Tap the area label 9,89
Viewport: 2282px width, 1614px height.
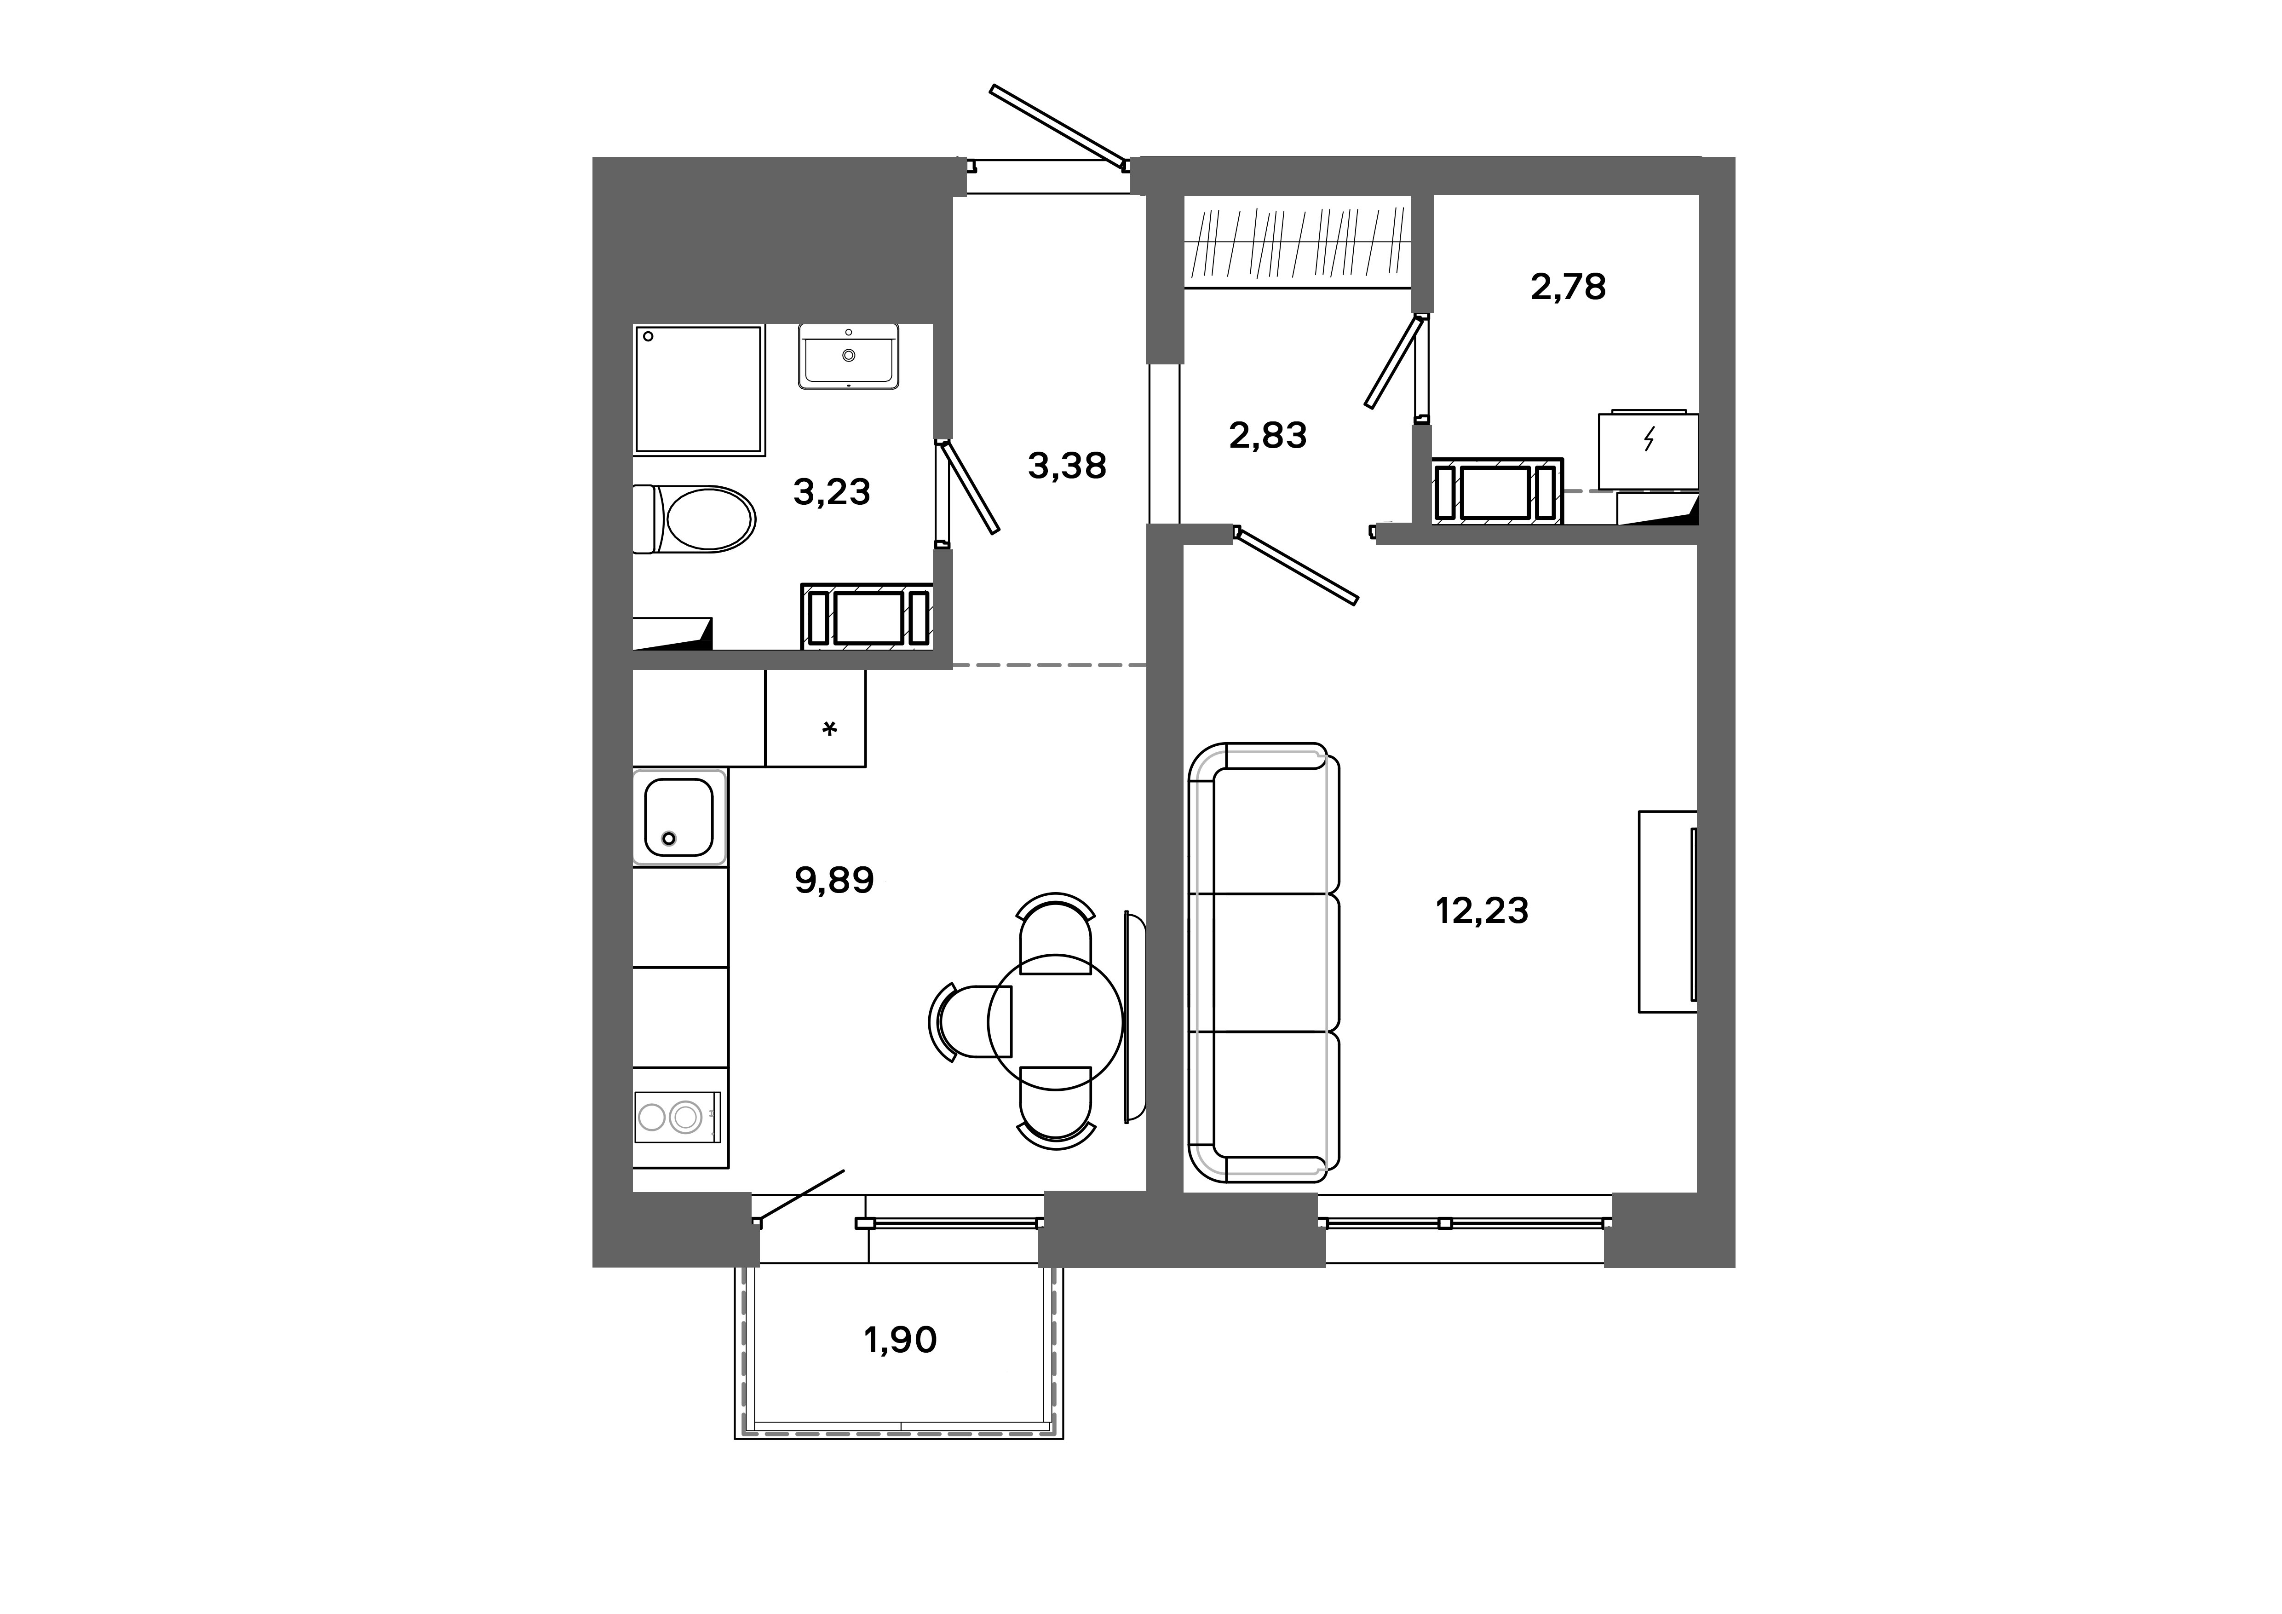(834, 880)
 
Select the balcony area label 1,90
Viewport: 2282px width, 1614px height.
(899, 1341)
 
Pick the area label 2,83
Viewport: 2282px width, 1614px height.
(1267, 435)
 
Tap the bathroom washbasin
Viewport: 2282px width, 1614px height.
(848, 356)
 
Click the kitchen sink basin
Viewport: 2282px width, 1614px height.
(679, 818)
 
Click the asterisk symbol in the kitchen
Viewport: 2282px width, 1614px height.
(829, 730)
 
